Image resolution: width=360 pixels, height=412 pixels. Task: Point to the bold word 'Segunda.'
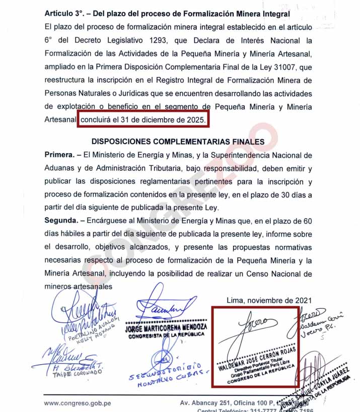[61, 221]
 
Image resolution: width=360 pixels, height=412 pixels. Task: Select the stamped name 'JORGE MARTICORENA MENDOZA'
[166, 327]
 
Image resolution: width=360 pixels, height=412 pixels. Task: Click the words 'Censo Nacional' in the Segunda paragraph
[286, 273]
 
